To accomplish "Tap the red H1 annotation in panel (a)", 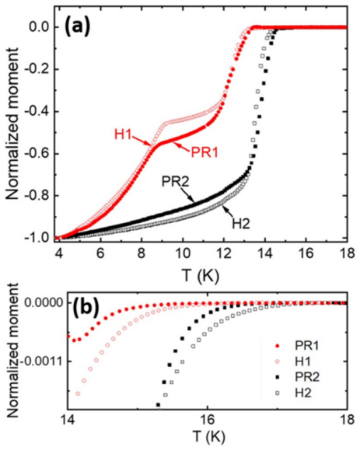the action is (x=123, y=135).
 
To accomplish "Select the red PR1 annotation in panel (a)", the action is (x=204, y=152).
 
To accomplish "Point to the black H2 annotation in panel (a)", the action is (x=241, y=224).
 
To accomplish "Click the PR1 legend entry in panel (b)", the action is (x=307, y=346).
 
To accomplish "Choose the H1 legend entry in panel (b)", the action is (x=303, y=362).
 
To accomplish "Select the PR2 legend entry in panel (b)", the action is (x=307, y=377).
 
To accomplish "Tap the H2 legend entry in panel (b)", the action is (x=303, y=393).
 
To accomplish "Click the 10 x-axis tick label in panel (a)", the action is (x=183, y=254).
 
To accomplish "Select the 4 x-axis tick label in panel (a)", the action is (x=59, y=254).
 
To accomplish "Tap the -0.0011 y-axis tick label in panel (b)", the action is (x=41, y=361).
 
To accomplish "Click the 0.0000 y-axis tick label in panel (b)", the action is (x=43, y=303).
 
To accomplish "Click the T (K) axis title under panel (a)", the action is (x=200, y=276).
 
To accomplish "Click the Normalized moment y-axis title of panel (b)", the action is (x=12, y=351).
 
